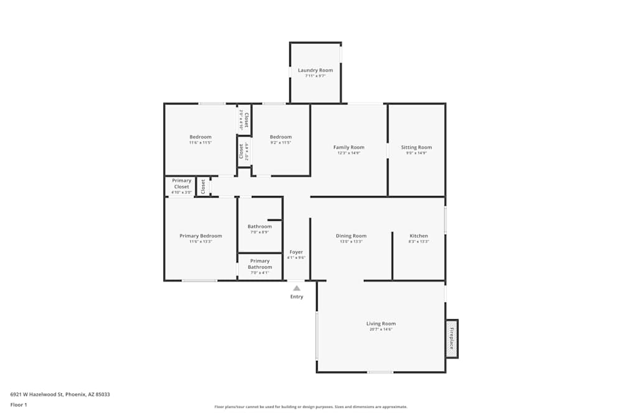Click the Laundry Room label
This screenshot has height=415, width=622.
pyautogui.click(x=315, y=70)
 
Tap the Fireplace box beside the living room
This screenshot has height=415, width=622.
pyautogui.click(x=452, y=338)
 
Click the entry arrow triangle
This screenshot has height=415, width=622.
pyautogui.click(x=297, y=288)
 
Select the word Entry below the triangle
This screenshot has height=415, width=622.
pyautogui.click(x=297, y=297)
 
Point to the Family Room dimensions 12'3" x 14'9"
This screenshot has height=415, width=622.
pyautogui.click(x=349, y=153)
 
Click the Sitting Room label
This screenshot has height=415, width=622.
pyautogui.click(x=416, y=147)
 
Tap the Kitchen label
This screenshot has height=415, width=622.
pyautogui.click(x=419, y=236)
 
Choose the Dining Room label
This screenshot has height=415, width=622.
pyautogui.click(x=351, y=236)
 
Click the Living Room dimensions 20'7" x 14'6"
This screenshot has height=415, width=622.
pyautogui.click(x=381, y=329)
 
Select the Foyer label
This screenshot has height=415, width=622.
pyautogui.click(x=296, y=252)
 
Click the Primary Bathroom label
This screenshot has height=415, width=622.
pyautogui.click(x=260, y=264)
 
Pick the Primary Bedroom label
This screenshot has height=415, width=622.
pyautogui.click(x=200, y=236)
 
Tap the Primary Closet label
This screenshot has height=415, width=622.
pyautogui.click(x=182, y=184)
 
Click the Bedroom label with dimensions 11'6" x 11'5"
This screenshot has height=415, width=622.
pyautogui.click(x=200, y=137)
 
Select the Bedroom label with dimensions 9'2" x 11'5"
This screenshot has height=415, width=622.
pyautogui.click(x=281, y=137)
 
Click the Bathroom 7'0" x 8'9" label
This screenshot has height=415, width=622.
pyautogui.click(x=259, y=226)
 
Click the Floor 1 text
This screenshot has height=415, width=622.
pyautogui.click(x=19, y=404)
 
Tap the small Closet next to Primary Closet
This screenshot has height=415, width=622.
pyautogui.click(x=203, y=186)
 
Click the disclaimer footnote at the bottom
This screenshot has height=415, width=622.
pyautogui.click(x=311, y=407)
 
